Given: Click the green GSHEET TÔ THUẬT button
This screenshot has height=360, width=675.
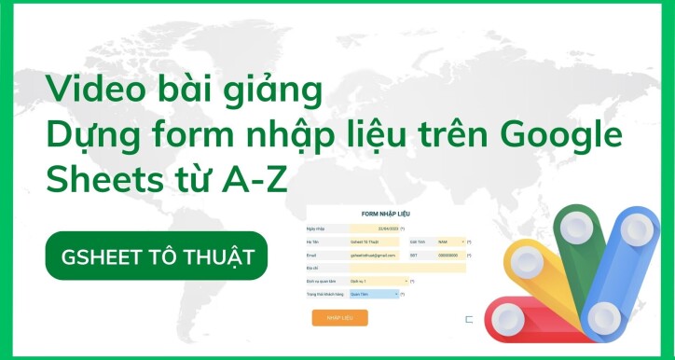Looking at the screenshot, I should [x=157, y=256].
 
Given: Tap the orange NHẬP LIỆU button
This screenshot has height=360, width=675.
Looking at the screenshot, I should [x=339, y=317].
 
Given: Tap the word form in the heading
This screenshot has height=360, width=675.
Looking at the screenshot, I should [x=180, y=135].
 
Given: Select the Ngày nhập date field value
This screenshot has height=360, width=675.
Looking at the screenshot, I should [x=374, y=228].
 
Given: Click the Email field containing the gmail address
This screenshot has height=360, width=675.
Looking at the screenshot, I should [x=374, y=255].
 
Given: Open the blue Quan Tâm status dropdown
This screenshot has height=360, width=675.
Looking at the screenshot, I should [x=374, y=294].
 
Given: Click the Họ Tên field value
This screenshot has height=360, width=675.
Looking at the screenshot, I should [x=374, y=242].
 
